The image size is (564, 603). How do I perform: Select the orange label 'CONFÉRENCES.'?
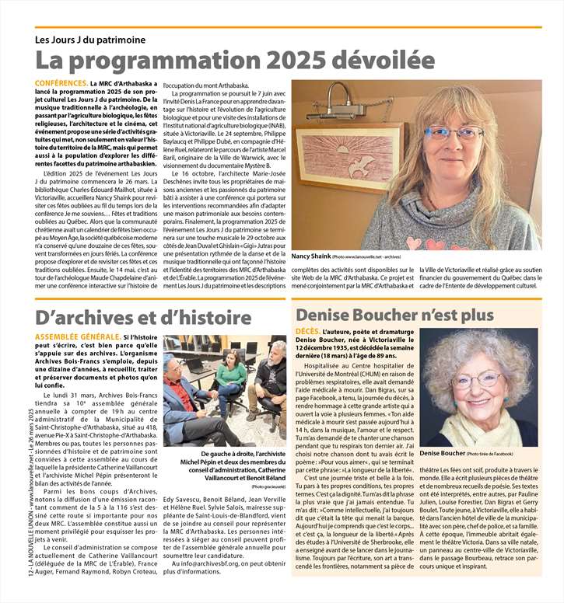click(61, 82)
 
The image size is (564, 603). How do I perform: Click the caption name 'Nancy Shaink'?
click(310, 256)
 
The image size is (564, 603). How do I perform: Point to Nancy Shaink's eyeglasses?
click(454, 133)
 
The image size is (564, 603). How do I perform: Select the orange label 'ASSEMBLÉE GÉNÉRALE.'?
click(78, 337)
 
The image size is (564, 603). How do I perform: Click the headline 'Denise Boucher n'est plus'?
click(394, 315)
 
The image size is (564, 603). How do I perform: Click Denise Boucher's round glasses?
click(477, 381)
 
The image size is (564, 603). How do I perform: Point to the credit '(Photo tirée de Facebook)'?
click(502, 453)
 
